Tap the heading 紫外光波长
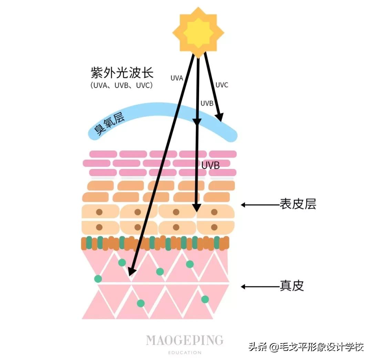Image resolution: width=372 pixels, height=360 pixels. click(122, 73)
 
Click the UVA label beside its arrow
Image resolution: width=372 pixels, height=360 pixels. click(177, 78)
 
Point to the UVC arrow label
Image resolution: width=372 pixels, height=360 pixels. click(221, 85)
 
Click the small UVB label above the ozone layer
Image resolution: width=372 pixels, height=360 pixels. click(207, 104)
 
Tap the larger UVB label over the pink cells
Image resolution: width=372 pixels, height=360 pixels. click(210, 165)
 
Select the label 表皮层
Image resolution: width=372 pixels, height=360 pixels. click(298, 205)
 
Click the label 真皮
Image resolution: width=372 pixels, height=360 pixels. click(291, 286)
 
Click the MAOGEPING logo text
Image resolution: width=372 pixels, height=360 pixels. click(185, 340)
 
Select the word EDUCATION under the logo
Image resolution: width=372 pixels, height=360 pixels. click(185, 352)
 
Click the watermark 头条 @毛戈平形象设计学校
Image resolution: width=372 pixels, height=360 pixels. click(306, 347)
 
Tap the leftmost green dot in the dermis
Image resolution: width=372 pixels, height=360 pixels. click(98, 278)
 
